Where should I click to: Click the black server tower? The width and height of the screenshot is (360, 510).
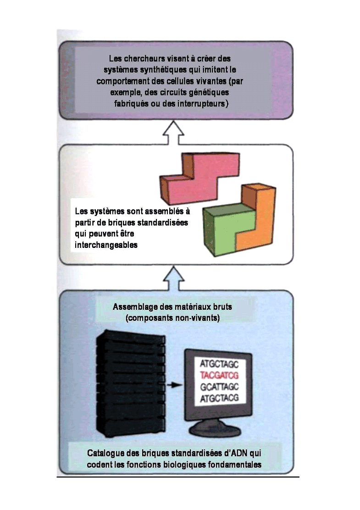(130, 386)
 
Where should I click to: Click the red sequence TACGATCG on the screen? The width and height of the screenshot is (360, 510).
(220, 375)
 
